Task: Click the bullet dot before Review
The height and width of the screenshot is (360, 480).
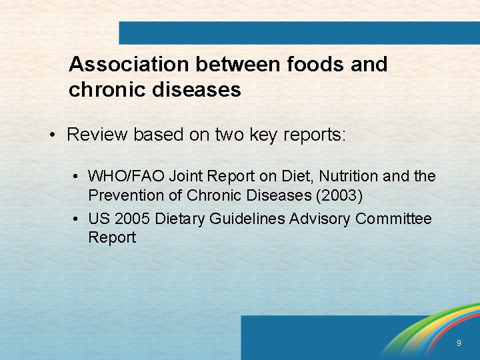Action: (x=52, y=135)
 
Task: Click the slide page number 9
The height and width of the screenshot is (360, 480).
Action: (x=459, y=343)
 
